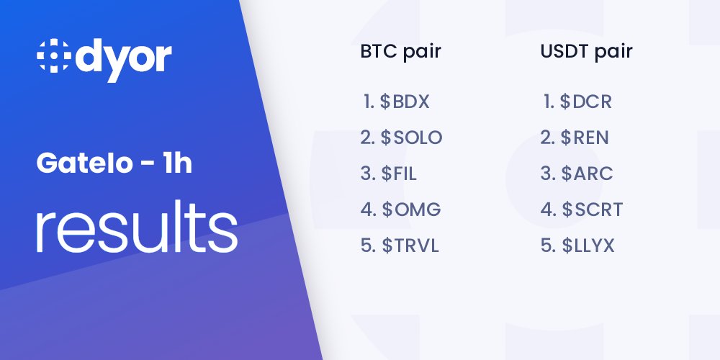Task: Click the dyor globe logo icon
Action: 53,58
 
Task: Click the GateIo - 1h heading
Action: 114,165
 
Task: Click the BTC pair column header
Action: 400,52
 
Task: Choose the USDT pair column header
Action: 586,52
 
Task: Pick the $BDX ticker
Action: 405,102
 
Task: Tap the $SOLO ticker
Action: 412,138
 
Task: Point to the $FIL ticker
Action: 400,174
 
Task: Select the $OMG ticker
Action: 411,210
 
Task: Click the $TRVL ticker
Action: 410,246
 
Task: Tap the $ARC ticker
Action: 588,174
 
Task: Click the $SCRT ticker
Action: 593,210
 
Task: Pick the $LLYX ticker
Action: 588,246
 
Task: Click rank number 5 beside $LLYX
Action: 547,246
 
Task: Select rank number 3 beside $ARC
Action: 547,174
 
